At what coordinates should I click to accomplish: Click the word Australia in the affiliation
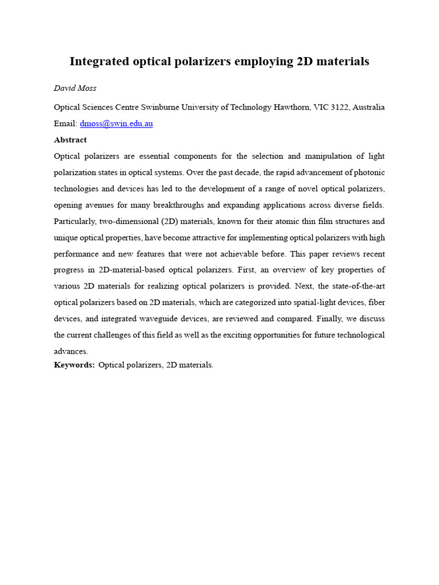tap(368, 107)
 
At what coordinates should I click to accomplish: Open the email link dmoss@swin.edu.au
tap(117, 123)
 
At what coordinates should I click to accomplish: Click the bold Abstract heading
tap(70, 139)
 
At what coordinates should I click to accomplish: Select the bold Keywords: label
tap(74, 364)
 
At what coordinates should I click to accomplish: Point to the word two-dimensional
tap(123, 221)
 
